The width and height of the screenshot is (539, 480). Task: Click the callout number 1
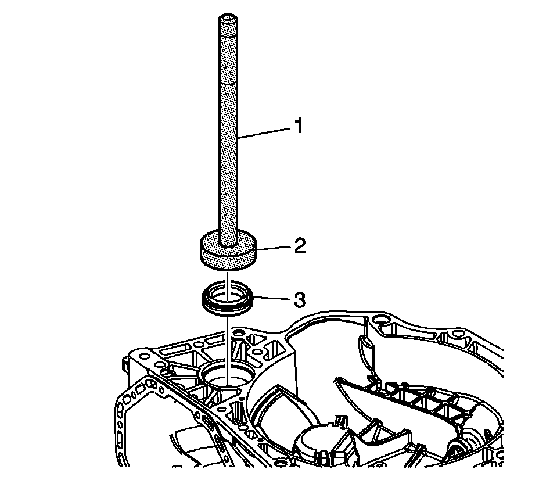pos(299,126)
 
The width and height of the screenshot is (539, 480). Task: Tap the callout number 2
pos(300,246)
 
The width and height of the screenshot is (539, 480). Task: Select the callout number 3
pos(300,299)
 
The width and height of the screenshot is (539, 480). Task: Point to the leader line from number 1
pos(264,132)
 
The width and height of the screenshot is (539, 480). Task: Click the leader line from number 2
pos(274,248)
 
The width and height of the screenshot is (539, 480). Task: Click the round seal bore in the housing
pos(228,375)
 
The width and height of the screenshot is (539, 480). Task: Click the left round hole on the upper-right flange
pos(380,320)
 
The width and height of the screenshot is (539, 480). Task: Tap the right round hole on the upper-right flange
pos(458,334)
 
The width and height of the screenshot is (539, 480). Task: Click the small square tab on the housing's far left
pos(125,364)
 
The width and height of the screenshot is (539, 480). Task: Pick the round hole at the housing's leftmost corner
pos(145,356)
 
